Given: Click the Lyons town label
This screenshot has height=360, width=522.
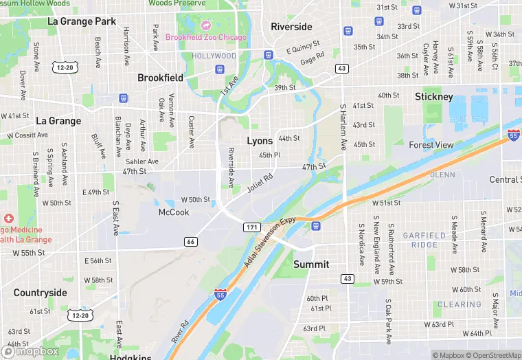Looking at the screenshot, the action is tap(260, 141).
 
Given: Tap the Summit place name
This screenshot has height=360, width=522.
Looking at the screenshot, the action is tap(311, 265).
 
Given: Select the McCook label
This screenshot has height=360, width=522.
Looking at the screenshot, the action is tap(173, 212).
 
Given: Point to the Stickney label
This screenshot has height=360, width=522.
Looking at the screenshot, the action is tap(434, 97).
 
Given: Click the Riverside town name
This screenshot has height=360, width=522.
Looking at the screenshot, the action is tap(291, 27).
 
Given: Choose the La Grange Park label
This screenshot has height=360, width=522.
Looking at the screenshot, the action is tap(82, 21).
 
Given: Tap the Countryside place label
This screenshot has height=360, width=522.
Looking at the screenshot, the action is tap(41, 293).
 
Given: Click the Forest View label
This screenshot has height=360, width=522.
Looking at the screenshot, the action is tap(431, 145).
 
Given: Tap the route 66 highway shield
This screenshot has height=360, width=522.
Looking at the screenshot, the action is tap(191, 241).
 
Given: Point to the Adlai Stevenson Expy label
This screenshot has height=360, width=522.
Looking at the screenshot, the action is tap(269, 243).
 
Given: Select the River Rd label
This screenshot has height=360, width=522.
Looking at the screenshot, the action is tap(180, 332).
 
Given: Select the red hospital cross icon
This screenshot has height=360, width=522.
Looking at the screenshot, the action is tap(9, 218).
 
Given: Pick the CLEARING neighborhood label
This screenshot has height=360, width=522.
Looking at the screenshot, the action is tap(459, 304).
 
